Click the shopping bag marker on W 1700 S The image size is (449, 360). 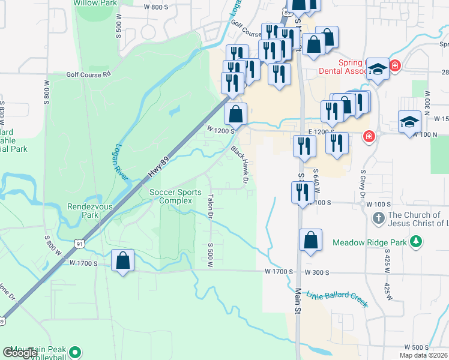click(123, 262)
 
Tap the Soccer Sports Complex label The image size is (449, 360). click(175, 196)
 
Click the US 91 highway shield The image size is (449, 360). click(80, 243)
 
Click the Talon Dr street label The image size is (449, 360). click(211, 205)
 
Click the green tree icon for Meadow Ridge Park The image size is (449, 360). click(415, 242)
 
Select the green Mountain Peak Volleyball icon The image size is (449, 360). click(75, 352)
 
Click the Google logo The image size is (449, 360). click(20, 353)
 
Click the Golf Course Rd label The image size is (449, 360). click(89, 74)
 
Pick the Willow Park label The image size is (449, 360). click(94, 3)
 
